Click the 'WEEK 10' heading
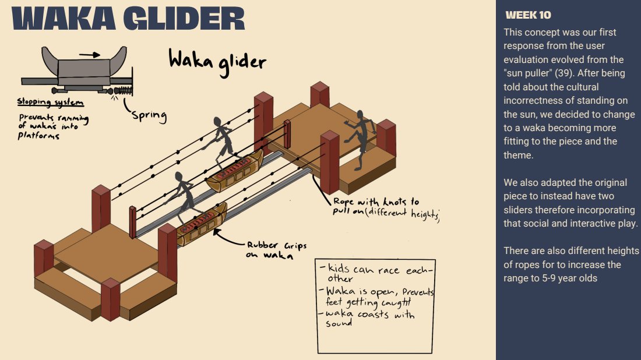[x=528, y=15]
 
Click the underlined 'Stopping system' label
[x=50, y=103]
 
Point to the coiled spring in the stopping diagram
[x=124, y=91]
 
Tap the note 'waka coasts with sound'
[x=367, y=318]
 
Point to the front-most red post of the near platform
[x=110, y=299]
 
